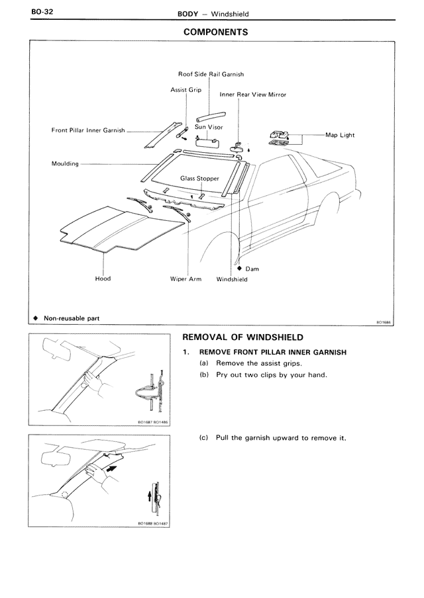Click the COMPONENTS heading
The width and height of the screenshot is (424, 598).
pyautogui.click(x=215, y=31)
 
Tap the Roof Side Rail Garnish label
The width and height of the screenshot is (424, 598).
pyautogui.click(x=211, y=74)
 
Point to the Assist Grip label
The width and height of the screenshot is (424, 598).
pyautogui.click(x=186, y=90)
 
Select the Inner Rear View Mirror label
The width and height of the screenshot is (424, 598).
pyautogui.click(x=253, y=95)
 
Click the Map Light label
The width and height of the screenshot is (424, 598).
pyautogui.click(x=340, y=135)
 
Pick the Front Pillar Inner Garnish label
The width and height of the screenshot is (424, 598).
pyautogui.click(x=88, y=130)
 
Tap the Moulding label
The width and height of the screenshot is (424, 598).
pyautogui.click(x=65, y=163)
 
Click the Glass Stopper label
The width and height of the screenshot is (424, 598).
pyautogui.click(x=199, y=179)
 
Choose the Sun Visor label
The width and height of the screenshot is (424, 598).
pyautogui.click(x=209, y=126)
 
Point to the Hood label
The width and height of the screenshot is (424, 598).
pyautogui.click(x=103, y=278)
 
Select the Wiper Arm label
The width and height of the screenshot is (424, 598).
pyautogui.click(x=185, y=279)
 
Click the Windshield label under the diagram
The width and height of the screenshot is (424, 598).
pyautogui.click(x=232, y=279)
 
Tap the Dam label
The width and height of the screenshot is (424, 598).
pyautogui.click(x=252, y=269)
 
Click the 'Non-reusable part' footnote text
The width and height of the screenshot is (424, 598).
pyautogui.click(x=72, y=318)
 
